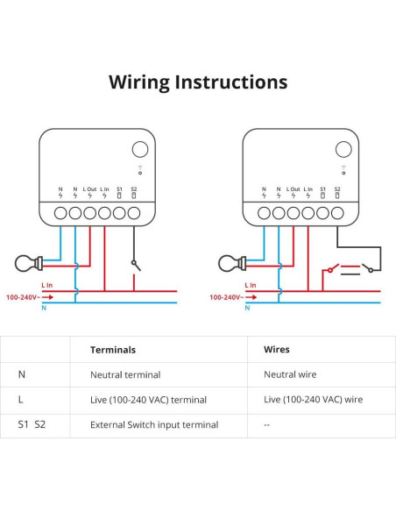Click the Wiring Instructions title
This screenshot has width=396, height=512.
[x=197, y=82]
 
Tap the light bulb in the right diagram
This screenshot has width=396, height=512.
[x=230, y=260]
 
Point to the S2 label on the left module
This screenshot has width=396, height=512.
[x=134, y=189]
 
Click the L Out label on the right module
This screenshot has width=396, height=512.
[x=293, y=189]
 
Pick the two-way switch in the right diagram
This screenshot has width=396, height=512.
[x=352, y=268]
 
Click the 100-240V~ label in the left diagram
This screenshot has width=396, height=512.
[x=24, y=297]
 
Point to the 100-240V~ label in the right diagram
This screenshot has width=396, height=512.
[x=227, y=297]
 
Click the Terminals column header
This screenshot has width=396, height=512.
[x=113, y=349]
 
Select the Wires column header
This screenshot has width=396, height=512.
[x=276, y=349]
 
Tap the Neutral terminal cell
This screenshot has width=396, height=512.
[x=125, y=374]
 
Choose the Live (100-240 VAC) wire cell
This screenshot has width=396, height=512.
[x=313, y=400]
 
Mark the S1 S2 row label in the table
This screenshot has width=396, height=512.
[x=31, y=425]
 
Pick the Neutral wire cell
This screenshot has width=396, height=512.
[x=291, y=374]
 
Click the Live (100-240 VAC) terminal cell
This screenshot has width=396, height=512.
[x=148, y=400]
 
